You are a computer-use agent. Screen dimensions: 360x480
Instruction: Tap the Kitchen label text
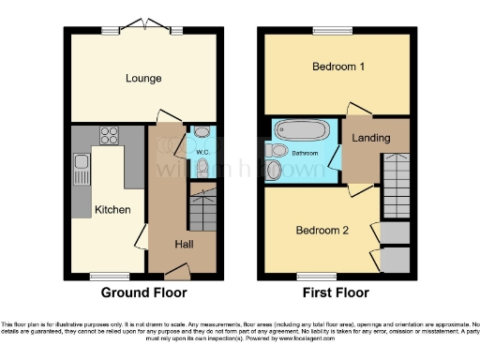click(x=112, y=209)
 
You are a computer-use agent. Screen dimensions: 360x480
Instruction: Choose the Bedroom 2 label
click(x=322, y=230)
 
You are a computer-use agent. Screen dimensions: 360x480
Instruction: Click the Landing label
click(x=372, y=139)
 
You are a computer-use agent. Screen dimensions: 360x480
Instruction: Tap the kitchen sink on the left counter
click(x=81, y=169)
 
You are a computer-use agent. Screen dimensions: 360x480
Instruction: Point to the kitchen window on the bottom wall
click(x=101, y=276)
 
